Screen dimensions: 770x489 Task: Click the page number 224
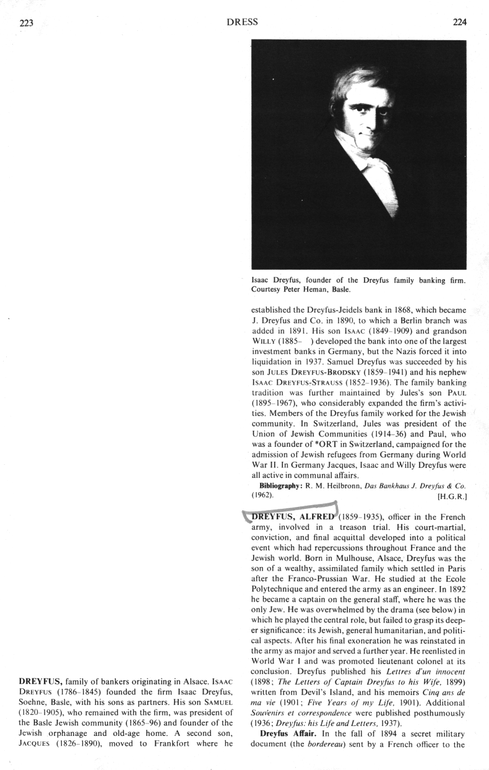[459, 22]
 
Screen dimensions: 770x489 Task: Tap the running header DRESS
[243, 22]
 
